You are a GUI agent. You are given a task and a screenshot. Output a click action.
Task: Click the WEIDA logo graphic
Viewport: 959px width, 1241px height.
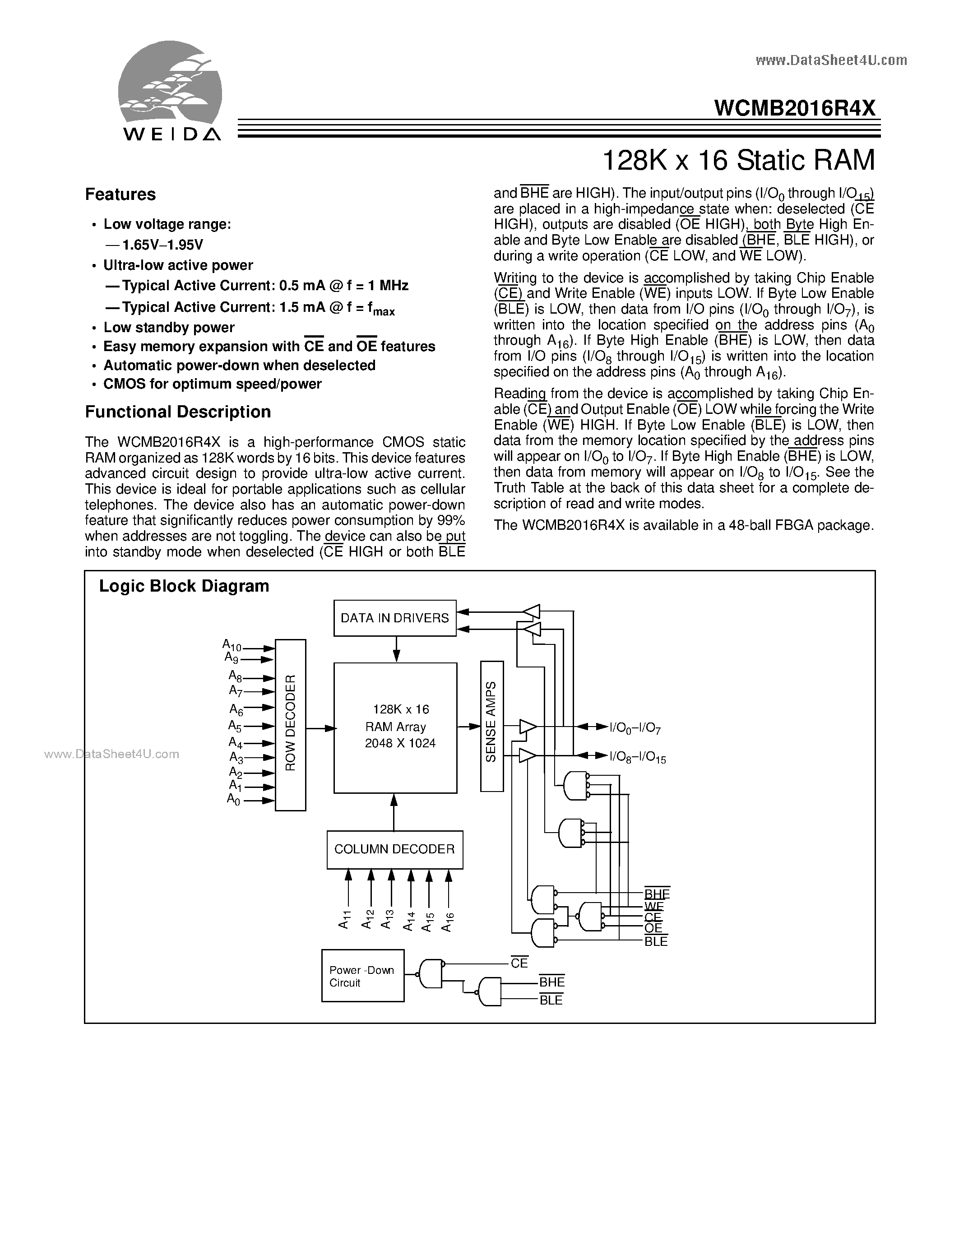pos(170,91)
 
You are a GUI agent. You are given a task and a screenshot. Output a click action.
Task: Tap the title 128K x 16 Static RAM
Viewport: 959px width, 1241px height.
pos(737,160)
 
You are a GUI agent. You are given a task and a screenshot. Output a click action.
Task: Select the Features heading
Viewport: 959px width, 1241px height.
pos(120,194)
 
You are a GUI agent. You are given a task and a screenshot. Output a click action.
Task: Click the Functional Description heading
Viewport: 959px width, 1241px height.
pos(178,412)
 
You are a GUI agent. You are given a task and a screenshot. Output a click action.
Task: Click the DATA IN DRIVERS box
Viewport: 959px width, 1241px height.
pos(395,618)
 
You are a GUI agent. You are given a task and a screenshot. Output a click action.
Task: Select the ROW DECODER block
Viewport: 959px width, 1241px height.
pos(290,724)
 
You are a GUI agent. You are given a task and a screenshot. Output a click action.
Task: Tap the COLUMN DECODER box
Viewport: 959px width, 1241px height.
pos(395,849)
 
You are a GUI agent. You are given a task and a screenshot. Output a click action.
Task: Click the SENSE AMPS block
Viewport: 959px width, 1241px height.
pos(491,726)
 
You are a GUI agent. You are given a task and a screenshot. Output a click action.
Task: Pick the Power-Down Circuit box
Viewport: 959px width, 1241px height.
pos(362,976)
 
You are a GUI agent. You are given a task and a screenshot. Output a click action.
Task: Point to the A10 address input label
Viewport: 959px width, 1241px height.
pos(232,645)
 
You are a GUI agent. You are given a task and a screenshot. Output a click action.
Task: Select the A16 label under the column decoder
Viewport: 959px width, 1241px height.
pos(447,921)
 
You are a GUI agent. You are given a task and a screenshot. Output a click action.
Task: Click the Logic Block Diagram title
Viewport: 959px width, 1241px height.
pos(184,586)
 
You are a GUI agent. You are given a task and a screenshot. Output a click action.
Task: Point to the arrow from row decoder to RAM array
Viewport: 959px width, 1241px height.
pos(320,728)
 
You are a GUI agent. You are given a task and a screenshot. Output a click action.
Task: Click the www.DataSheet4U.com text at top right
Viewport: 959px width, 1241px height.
pos(831,60)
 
